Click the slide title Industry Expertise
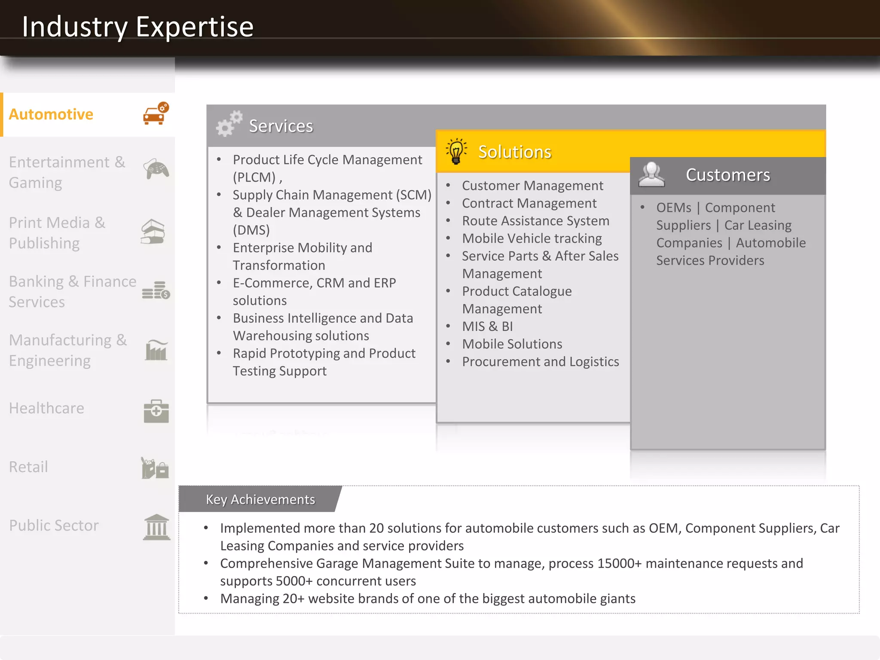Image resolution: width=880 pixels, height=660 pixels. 137,27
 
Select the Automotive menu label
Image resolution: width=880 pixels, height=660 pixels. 51,114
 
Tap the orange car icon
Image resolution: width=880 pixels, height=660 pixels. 156,114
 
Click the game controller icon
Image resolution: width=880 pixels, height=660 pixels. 156,169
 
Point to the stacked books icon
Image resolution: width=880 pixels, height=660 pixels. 153,232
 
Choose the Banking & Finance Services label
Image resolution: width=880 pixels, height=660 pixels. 72,291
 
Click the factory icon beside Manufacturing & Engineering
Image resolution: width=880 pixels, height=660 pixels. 156,350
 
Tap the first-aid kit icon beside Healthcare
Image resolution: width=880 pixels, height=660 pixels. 156,411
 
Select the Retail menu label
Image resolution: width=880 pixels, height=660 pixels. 28,467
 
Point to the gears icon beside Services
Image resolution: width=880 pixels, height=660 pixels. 229,124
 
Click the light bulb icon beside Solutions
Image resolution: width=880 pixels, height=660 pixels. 456,151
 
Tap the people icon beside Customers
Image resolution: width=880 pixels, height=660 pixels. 651,174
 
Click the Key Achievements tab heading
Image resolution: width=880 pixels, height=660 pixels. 260,499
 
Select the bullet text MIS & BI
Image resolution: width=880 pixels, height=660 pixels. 487,326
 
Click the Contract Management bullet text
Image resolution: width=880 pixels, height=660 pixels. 529,203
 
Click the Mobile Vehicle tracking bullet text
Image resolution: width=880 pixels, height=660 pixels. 532,238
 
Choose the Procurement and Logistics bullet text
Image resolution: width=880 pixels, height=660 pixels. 540,362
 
